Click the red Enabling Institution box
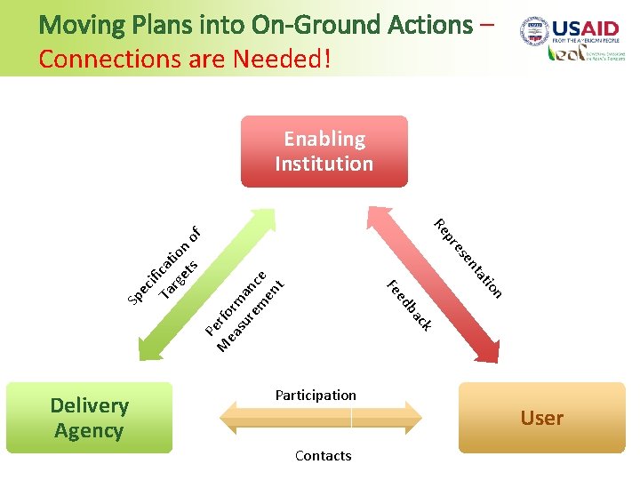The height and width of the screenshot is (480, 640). pos(324,151)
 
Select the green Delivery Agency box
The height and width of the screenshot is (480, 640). pos(89,418)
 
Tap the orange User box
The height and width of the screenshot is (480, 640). pos(542,418)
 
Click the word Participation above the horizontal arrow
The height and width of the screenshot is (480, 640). pos(316,395)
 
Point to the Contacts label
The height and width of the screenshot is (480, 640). pos(323,455)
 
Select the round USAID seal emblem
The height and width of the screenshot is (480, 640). pos(534,31)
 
